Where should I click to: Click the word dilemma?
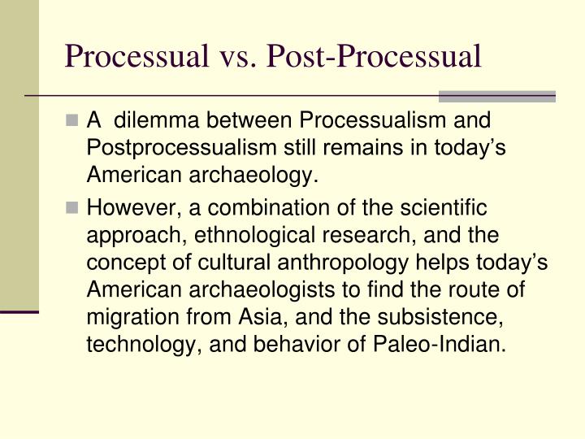[x=155, y=121]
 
